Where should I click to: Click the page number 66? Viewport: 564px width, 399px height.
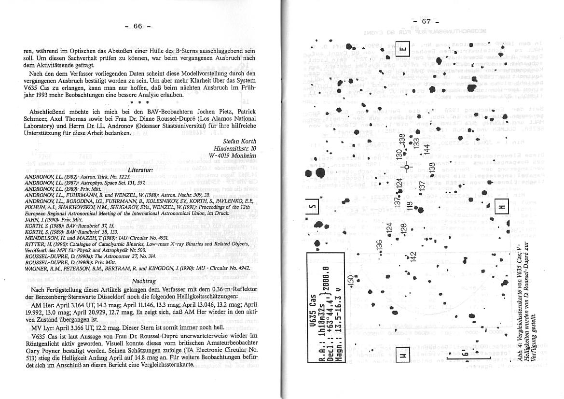(138, 26)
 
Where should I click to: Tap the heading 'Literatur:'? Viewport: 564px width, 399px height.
(140, 170)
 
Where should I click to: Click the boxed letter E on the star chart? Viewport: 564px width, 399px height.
(403, 50)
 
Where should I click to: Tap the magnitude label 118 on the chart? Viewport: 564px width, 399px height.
(409, 206)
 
